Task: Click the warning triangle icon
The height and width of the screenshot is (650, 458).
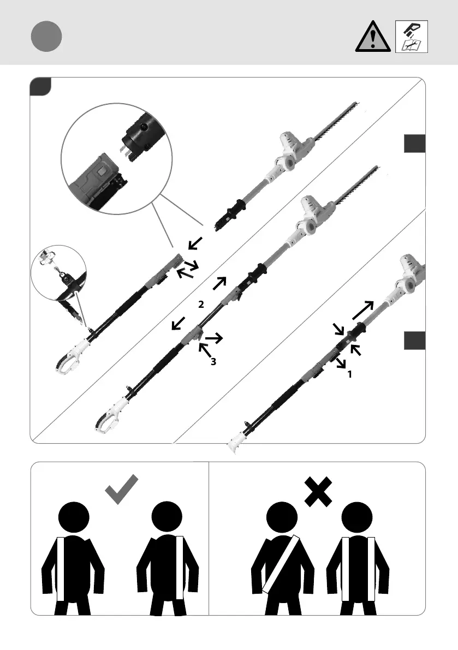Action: click(x=372, y=38)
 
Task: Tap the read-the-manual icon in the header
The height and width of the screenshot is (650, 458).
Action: click(x=411, y=37)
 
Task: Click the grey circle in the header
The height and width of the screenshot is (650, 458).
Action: click(x=46, y=37)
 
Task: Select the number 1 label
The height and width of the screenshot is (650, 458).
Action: click(x=349, y=375)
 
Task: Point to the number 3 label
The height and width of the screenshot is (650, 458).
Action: click(x=213, y=361)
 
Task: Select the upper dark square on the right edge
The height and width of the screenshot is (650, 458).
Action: click(x=414, y=144)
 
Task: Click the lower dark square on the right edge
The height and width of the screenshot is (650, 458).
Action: click(x=414, y=340)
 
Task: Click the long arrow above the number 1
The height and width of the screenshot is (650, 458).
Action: click(x=362, y=311)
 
